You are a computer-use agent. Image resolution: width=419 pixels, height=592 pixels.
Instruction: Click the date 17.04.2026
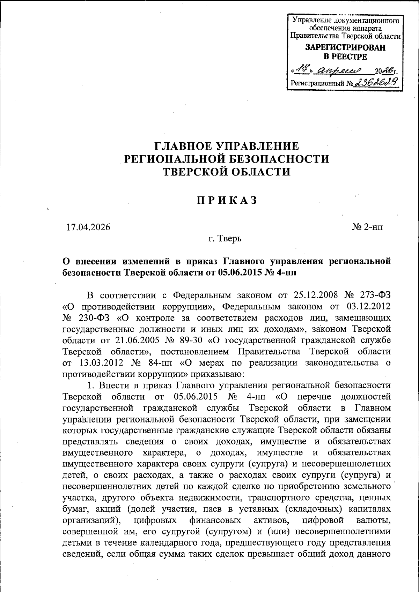[x=88, y=227]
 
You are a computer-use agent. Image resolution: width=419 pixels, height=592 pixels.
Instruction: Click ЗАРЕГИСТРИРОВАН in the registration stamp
[x=346, y=48]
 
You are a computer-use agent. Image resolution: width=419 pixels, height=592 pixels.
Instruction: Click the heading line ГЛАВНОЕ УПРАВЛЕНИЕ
[x=227, y=146]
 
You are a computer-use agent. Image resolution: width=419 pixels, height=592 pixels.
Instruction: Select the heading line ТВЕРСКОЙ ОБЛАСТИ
[x=227, y=172]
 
